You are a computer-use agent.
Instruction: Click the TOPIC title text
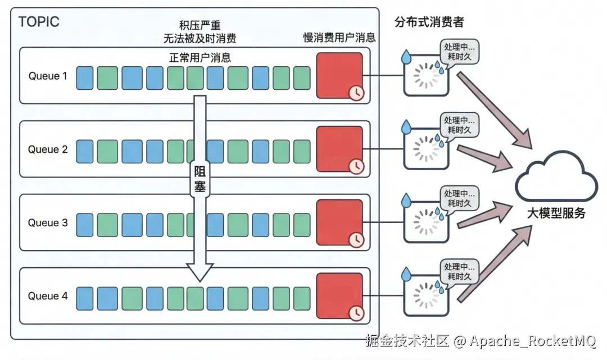coord(39,22)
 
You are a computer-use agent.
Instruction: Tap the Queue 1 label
coord(48,76)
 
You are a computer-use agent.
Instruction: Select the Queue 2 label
coord(48,149)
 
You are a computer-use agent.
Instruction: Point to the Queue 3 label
coord(48,223)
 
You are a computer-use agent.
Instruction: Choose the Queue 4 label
coord(48,296)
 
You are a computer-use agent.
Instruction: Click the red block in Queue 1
coord(339,75)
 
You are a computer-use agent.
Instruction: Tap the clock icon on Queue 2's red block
coord(356,167)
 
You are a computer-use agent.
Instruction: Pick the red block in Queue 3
coord(339,222)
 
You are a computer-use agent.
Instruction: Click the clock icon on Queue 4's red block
coord(356,313)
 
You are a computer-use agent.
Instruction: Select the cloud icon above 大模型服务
coord(556,176)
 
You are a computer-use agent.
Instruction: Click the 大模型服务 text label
coord(556,213)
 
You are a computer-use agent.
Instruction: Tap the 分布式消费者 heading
coord(429,22)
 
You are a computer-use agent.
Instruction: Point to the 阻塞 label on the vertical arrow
coord(200,179)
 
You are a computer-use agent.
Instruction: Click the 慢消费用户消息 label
coord(339,38)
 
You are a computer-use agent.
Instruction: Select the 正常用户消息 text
coord(200,58)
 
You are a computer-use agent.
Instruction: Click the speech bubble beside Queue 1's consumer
coord(460,52)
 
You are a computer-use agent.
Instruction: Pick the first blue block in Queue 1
coord(85,78)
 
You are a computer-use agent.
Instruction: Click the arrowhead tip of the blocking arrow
coord(200,281)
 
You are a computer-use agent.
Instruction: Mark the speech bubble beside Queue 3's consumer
coord(460,199)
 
